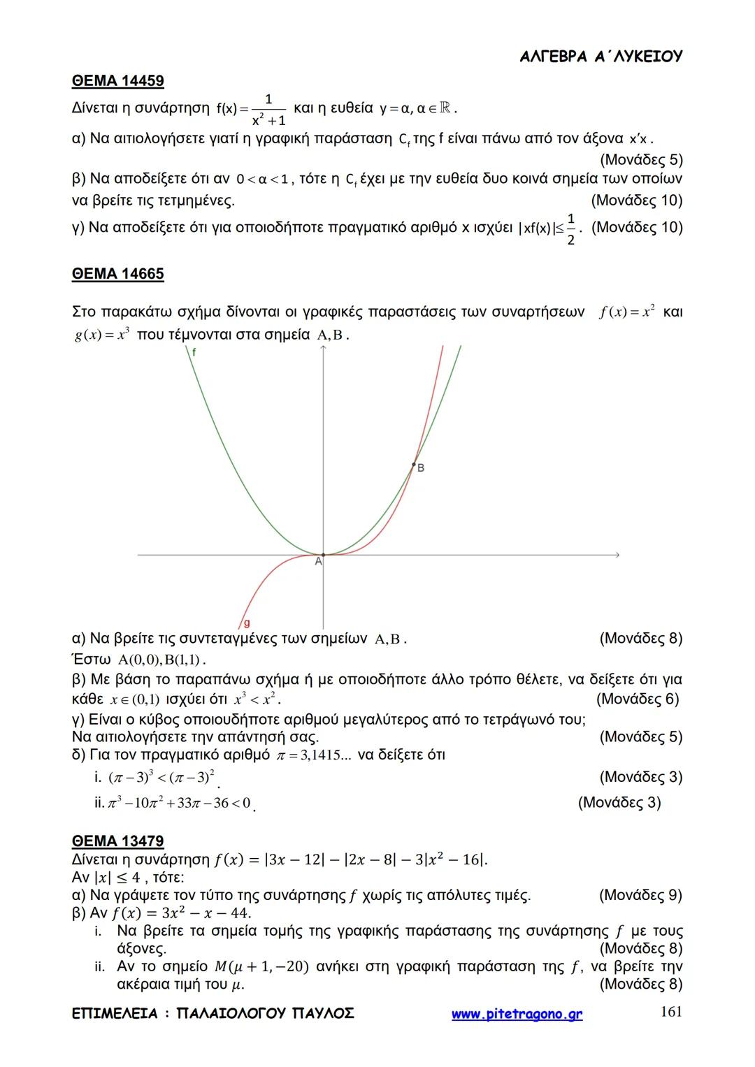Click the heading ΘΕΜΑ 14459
tap(117, 81)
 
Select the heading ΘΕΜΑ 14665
tap(117, 274)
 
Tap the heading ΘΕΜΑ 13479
tap(117, 841)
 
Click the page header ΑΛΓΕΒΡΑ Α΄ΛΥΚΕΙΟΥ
tap(601, 57)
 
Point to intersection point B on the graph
tap(414, 464)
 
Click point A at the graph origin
tap(323, 555)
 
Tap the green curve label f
tap(194, 353)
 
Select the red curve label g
tap(246, 623)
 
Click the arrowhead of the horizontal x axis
tap(617, 555)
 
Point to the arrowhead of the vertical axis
tap(323, 349)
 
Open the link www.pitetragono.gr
tap(517, 1015)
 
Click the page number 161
tap(671, 1012)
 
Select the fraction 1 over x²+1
tap(268, 109)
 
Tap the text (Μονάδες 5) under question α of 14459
tap(641, 159)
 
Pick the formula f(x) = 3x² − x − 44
tap(181, 913)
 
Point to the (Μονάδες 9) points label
tap(640, 895)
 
